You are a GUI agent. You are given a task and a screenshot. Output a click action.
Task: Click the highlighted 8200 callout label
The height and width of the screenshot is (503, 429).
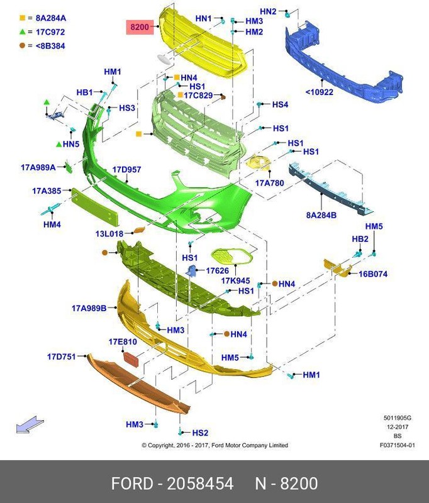(x=140, y=27)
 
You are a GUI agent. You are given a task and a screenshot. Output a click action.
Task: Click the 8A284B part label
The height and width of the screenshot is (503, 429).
(x=321, y=215)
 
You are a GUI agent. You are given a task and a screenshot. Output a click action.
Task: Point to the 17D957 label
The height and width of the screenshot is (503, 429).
(x=126, y=170)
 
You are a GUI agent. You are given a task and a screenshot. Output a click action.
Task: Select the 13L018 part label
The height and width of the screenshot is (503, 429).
(x=109, y=233)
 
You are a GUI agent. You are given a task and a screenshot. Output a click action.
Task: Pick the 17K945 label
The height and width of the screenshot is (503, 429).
(x=235, y=280)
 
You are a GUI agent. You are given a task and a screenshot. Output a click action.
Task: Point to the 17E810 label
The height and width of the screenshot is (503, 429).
(x=123, y=342)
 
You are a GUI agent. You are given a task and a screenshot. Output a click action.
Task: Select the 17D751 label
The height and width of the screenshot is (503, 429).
(x=61, y=357)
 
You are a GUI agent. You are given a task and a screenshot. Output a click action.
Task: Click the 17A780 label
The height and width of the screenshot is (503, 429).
(x=269, y=183)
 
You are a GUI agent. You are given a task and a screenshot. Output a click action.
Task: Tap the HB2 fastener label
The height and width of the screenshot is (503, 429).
(x=360, y=239)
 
